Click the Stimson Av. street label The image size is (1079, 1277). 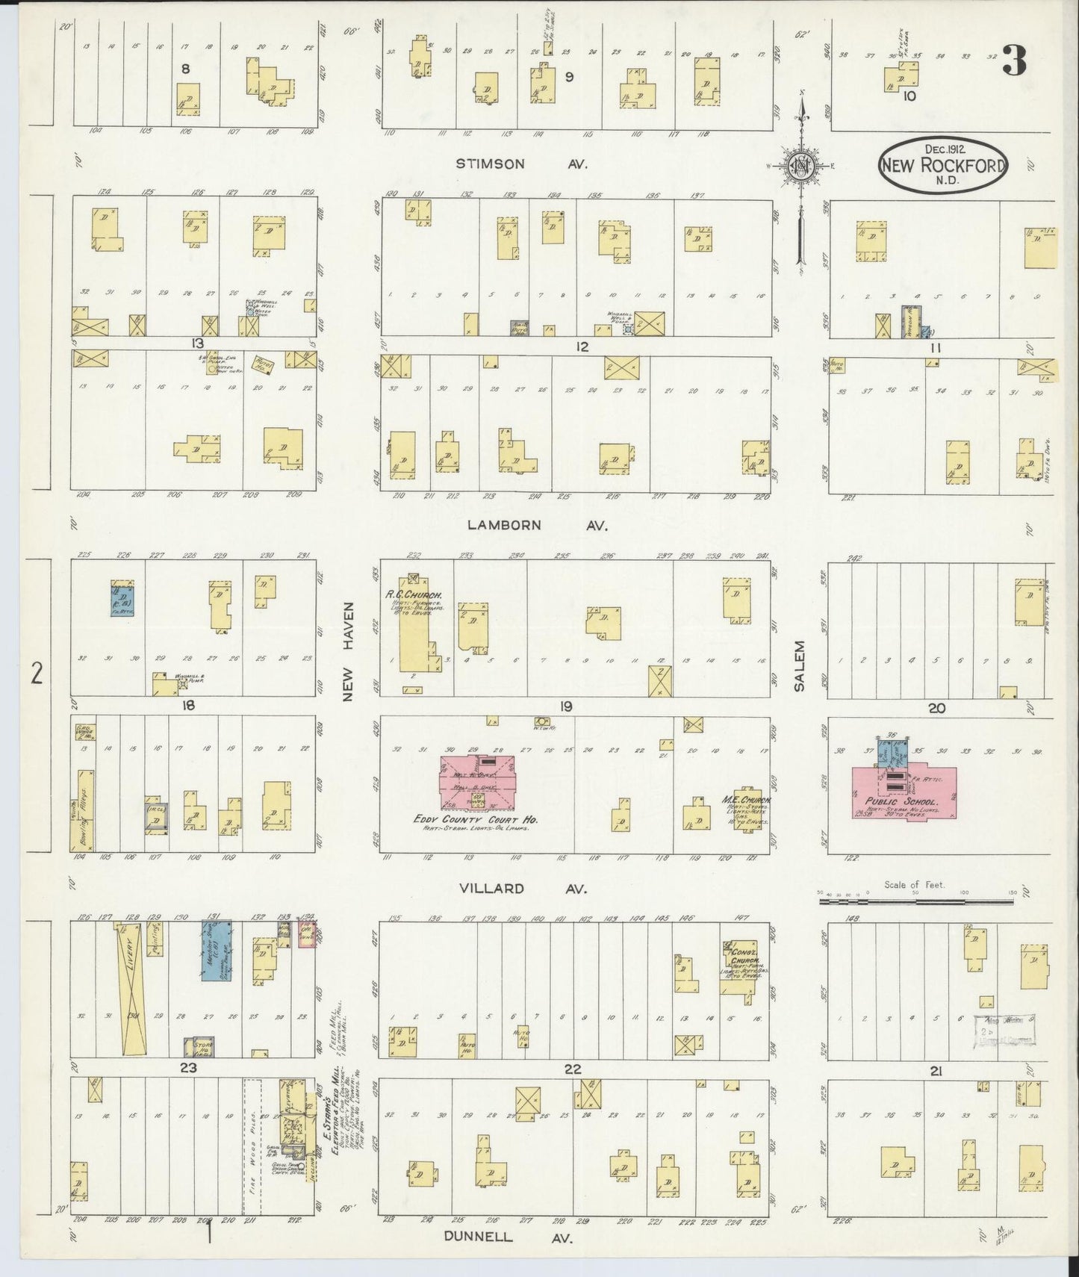tap(521, 164)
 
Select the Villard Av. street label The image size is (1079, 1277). tap(523, 888)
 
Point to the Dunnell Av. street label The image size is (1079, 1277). tap(508, 1237)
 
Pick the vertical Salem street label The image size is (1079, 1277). tap(799, 665)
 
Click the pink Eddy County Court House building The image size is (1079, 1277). tap(476, 781)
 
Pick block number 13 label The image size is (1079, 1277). tap(196, 343)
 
